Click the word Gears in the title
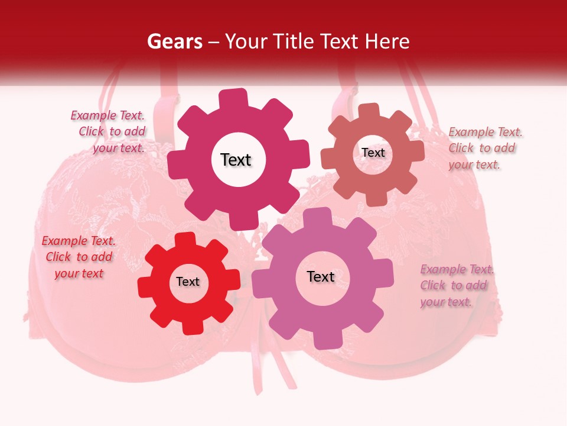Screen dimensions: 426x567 point(174,41)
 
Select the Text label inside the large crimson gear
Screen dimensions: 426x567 point(236,160)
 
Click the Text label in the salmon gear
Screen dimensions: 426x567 point(373,153)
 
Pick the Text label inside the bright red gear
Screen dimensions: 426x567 point(188,282)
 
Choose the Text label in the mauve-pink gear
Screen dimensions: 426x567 point(321,276)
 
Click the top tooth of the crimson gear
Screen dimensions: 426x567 point(233,98)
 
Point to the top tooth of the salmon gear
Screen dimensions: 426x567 point(369,110)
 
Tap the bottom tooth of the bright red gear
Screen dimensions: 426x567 point(190,327)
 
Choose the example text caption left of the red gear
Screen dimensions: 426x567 point(79,257)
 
